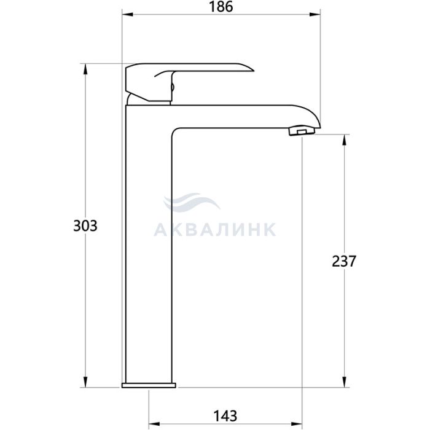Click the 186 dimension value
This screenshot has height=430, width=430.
(221, 7)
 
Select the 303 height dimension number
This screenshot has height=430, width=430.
(85, 226)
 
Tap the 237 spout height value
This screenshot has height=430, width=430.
(344, 261)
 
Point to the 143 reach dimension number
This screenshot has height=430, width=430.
(225, 416)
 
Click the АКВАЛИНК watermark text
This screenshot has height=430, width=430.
(215, 230)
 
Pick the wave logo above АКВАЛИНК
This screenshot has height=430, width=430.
(192, 202)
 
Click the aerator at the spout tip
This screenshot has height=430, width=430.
(302, 131)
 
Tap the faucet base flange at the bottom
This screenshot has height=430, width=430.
(149, 385)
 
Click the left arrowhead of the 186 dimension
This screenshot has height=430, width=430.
(128, 14)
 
